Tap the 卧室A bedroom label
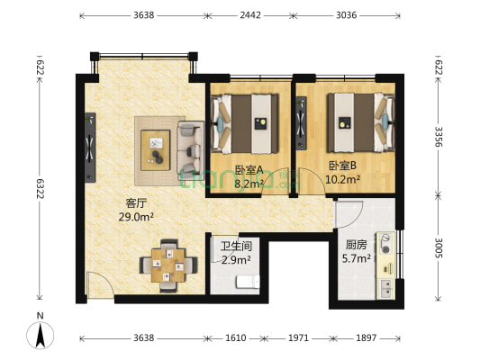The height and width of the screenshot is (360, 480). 249,169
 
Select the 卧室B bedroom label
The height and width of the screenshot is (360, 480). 342,166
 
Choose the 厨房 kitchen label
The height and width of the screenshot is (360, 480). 356,243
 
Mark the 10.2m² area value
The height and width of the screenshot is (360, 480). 344,179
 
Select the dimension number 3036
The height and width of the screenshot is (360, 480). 352,15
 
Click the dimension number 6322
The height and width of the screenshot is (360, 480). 40,189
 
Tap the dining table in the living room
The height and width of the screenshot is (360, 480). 168,264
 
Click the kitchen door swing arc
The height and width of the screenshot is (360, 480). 349,214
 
